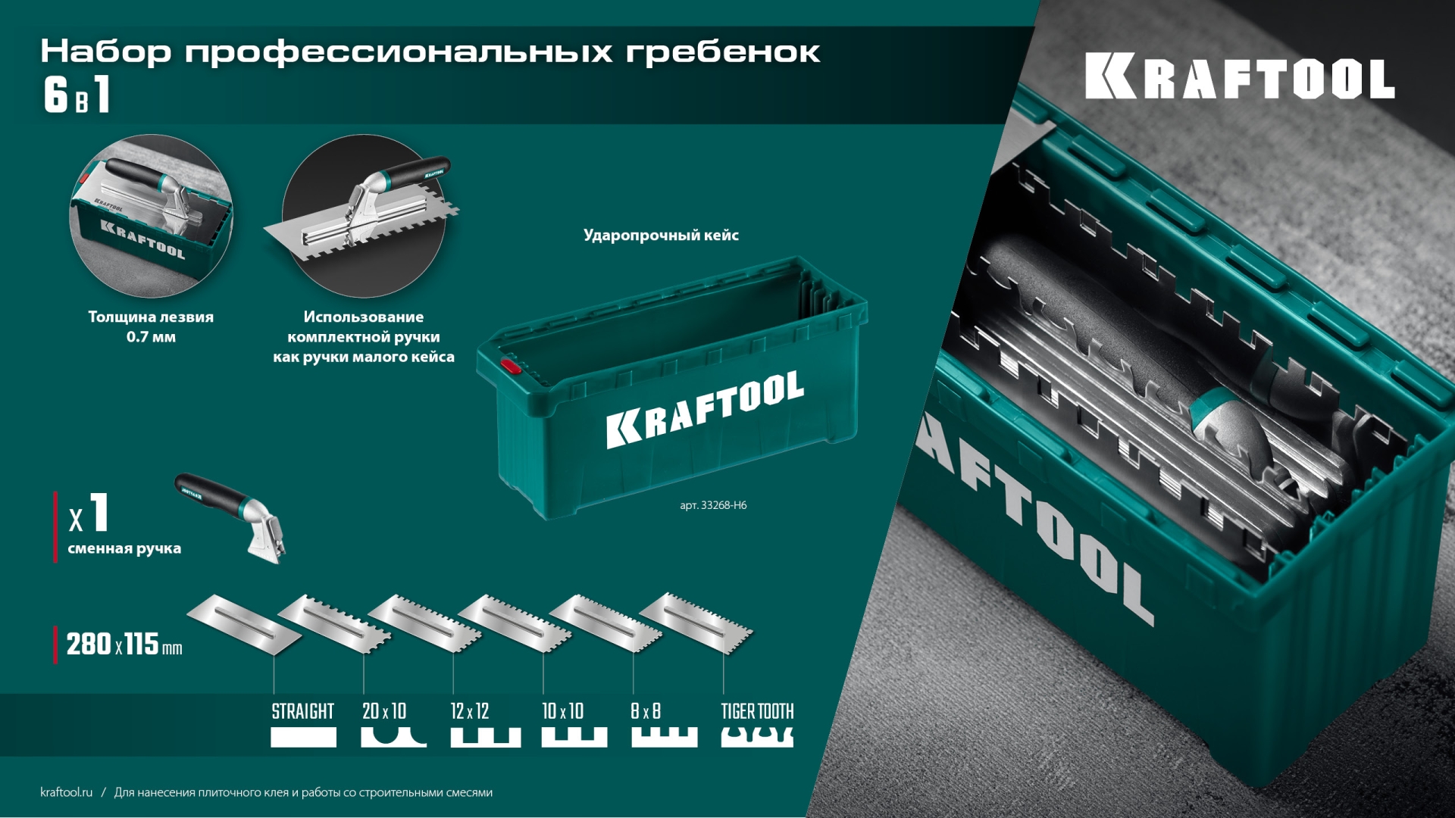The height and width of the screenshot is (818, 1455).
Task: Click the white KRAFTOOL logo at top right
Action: click(1239, 76)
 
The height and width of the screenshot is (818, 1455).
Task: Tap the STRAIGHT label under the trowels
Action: click(302, 711)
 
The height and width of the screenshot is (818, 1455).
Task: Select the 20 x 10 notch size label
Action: click(384, 711)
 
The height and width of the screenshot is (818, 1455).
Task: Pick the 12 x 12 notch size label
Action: click(470, 711)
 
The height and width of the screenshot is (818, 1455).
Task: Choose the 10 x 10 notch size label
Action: click(562, 711)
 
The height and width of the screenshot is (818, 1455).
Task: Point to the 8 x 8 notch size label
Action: click(646, 711)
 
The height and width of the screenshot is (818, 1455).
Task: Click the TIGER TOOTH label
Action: click(757, 711)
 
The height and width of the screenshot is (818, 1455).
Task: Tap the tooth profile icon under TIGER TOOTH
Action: click(757, 737)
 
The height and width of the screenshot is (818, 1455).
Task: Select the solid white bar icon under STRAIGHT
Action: click(303, 737)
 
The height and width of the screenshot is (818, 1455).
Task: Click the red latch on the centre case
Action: click(511, 367)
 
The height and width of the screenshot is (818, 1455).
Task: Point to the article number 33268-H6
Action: click(713, 505)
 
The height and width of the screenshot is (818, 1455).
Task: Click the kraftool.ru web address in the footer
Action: click(66, 792)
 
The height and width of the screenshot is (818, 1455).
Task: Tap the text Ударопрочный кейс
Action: click(661, 235)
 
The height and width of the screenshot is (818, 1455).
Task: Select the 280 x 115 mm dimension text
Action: click(124, 645)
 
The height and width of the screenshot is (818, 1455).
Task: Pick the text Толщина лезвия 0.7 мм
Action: click(151, 326)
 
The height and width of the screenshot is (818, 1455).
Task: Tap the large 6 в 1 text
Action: click(77, 95)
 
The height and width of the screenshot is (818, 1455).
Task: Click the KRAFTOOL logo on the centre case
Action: click(705, 409)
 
